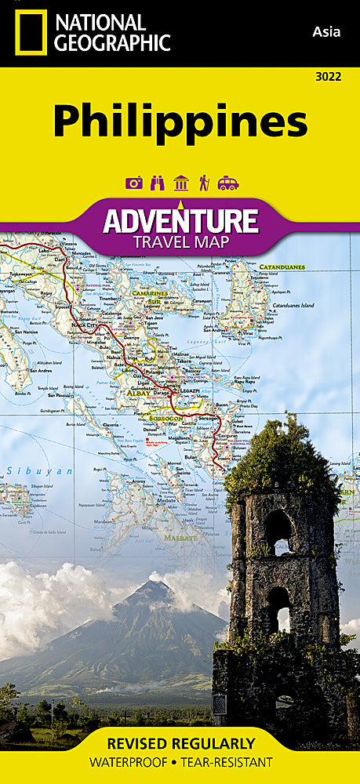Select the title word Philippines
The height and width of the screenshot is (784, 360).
point(180,122)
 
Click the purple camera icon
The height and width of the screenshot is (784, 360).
point(134,183)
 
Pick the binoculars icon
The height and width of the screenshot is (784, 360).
point(158,183)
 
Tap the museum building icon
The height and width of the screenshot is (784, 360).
point(181,183)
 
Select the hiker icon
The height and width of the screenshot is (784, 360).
point(204,183)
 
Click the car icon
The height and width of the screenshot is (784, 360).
point(227,183)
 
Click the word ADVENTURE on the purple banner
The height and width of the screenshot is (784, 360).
point(180,220)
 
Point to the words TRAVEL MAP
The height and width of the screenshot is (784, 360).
point(180,242)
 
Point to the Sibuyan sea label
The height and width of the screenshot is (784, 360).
point(38,471)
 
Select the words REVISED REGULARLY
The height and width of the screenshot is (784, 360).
point(180,743)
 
